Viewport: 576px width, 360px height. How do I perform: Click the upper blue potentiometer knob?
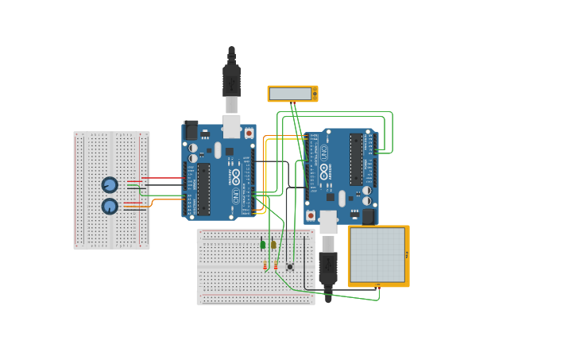(x=110, y=185)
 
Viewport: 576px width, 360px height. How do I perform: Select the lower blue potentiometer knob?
(x=110, y=207)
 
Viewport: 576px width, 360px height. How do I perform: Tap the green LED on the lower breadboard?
(x=262, y=245)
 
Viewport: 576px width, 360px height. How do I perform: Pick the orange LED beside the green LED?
(x=273, y=245)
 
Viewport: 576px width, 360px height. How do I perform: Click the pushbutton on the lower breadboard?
(x=290, y=266)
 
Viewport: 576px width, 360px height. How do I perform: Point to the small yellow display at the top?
(x=292, y=94)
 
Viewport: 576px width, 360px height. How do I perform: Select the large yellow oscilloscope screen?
(x=378, y=256)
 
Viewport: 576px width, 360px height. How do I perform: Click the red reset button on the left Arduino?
(x=249, y=133)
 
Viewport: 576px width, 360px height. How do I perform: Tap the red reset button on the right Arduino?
(x=311, y=215)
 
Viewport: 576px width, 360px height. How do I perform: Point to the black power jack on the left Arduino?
(x=191, y=130)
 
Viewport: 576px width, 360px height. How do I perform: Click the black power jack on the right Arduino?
(x=368, y=216)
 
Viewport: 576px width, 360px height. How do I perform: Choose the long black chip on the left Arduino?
(x=203, y=189)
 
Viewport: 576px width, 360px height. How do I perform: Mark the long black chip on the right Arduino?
(x=356, y=159)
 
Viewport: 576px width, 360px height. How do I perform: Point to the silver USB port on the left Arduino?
(x=231, y=126)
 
